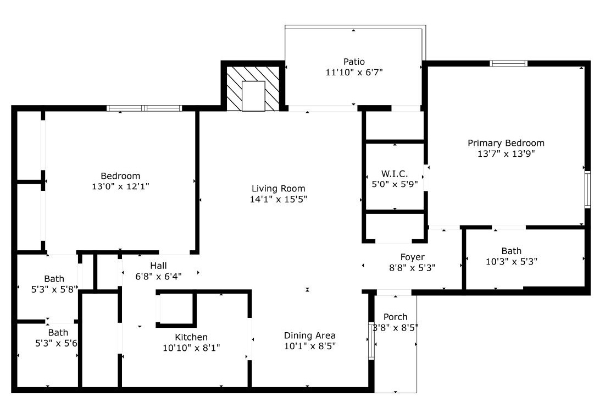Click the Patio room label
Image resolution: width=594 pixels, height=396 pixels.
tap(354, 62)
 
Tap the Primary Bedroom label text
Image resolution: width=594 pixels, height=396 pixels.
tap(506, 143)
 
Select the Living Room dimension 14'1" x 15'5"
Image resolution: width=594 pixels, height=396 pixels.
tap(279, 199)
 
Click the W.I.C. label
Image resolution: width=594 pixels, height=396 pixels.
tap(395, 174)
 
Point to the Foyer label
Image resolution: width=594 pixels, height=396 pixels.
tap(412, 257)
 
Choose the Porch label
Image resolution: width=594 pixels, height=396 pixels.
tap(396, 317)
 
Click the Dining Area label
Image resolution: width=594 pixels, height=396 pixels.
tap(309, 335)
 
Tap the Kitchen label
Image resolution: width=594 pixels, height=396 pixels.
tap(191, 337)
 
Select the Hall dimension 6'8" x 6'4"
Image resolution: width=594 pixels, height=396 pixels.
tap(158, 276)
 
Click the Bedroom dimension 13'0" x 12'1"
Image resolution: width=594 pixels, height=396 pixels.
tap(120, 186)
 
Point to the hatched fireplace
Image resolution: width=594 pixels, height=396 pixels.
tap(253, 89)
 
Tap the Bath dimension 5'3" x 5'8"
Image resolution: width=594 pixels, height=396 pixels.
tap(54, 289)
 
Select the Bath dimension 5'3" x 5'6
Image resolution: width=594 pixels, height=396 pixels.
tap(57, 343)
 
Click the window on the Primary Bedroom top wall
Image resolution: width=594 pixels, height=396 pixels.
tap(508, 63)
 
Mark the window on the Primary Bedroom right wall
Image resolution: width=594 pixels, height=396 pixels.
tap(587, 190)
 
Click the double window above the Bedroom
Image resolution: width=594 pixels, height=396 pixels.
tap(145, 108)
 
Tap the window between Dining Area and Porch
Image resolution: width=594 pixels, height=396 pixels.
tap(371, 341)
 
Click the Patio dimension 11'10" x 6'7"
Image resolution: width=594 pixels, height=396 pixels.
tap(354, 72)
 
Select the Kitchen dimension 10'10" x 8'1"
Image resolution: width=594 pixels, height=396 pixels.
tap(191, 348)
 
